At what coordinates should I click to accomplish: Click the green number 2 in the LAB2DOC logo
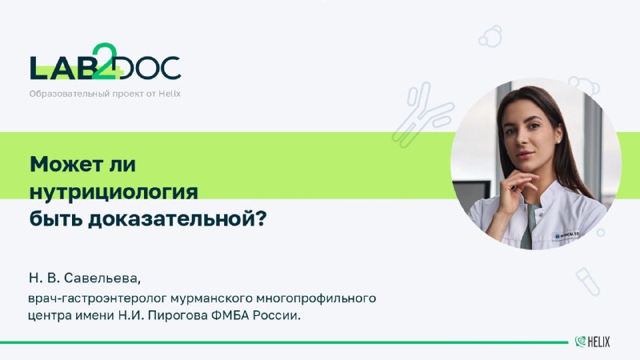(106, 62)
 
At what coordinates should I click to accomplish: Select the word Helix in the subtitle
(170, 94)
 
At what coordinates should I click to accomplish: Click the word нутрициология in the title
(114, 192)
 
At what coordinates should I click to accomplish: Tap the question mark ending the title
(262, 218)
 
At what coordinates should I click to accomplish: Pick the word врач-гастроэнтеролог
(98, 298)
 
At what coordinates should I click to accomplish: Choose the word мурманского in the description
(211, 298)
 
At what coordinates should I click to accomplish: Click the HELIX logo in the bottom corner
(592, 342)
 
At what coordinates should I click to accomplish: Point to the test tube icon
(588, 282)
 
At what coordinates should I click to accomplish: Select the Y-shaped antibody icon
(422, 114)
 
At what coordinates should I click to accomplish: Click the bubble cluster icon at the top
(490, 36)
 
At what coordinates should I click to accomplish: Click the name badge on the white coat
(566, 235)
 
